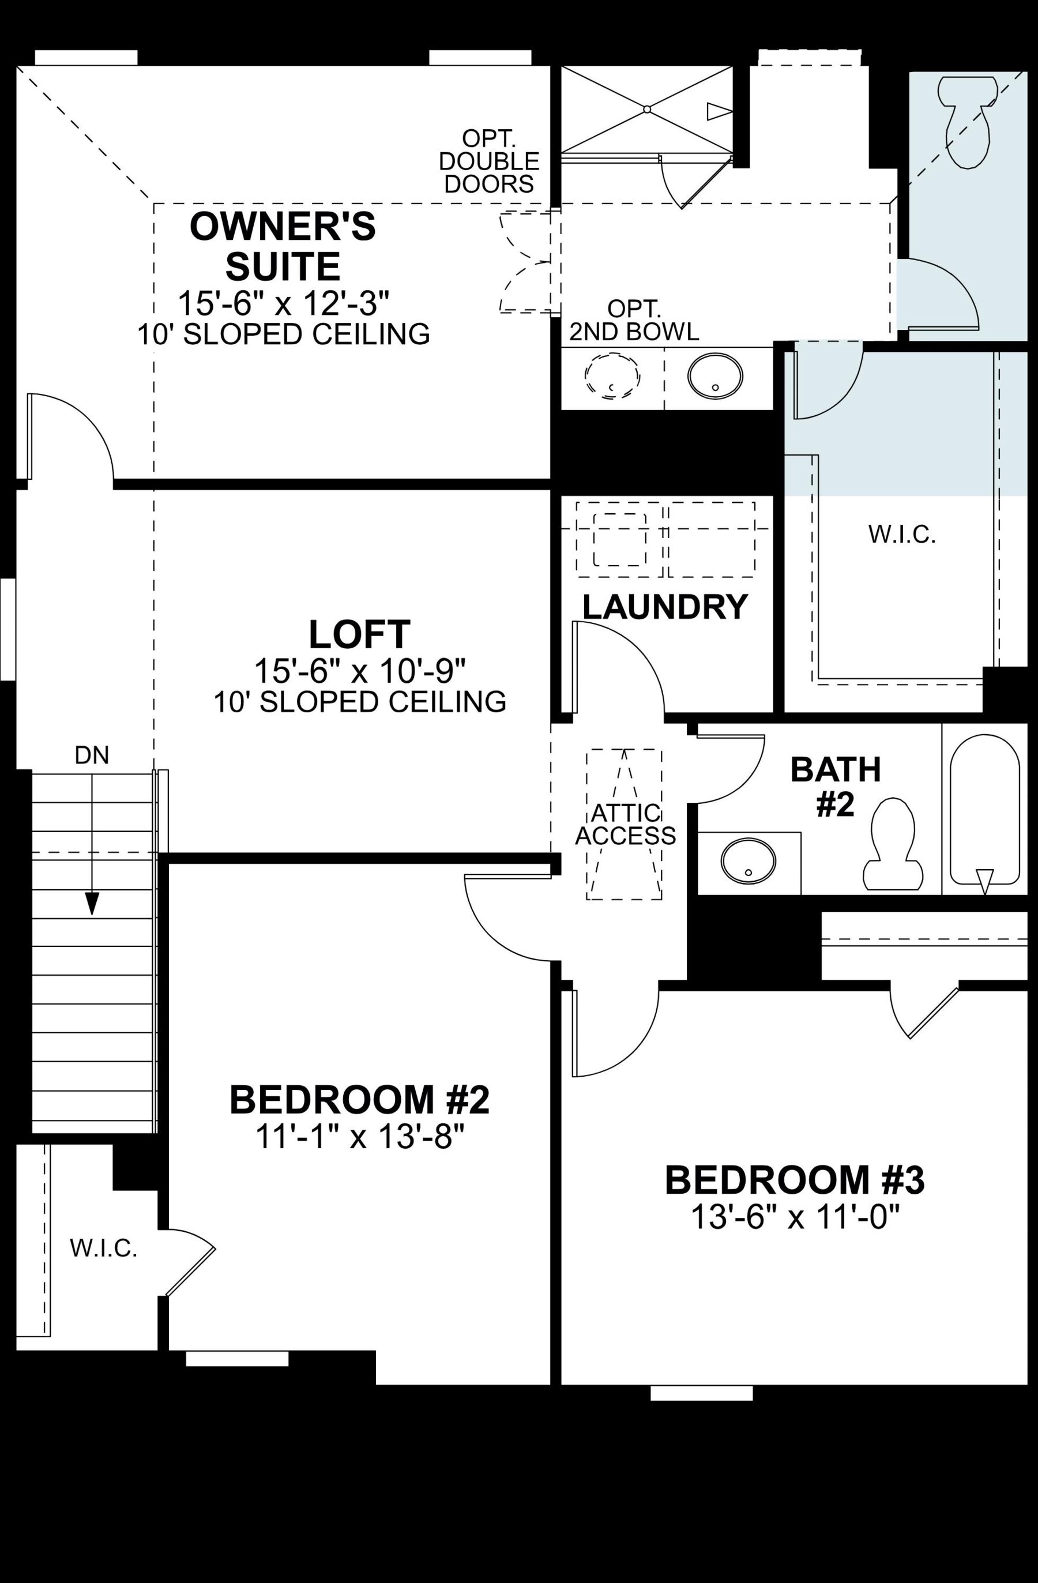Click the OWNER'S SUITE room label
pyautogui.click(x=283, y=246)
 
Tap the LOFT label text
pyautogui.click(x=360, y=634)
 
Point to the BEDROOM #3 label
pyautogui.click(x=795, y=1180)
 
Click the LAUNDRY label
pyautogui.click(x=665, y=607)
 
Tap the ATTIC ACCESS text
pyautogui.click(x=625, y=824)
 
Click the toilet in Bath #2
pyautogui.click(x=893, y=845)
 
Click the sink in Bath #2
pyautogui.click(x=748, y=862)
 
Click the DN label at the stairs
pyautogui.click(x=92, y=755)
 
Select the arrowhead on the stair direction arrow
pyautogui.click(x=92, y=904)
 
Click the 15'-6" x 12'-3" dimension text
pyautogui.click(x=283, y=303)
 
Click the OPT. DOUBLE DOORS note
pyautogui.click(x=490, y=161)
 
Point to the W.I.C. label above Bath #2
pyautogui.click(x=902, y=535)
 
